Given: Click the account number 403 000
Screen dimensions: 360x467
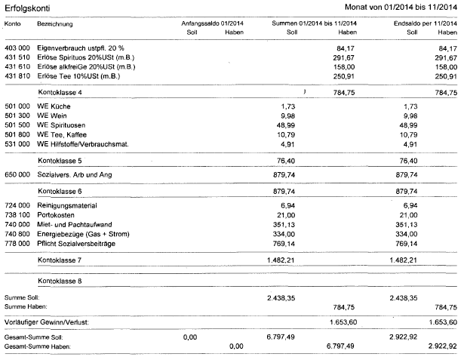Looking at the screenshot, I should coord(19,47).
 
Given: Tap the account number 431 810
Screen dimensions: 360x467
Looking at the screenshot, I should coord(19,76).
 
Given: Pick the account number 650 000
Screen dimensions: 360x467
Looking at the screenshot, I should coord(19,174).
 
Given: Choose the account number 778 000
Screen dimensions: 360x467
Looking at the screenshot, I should coord(19,244).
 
